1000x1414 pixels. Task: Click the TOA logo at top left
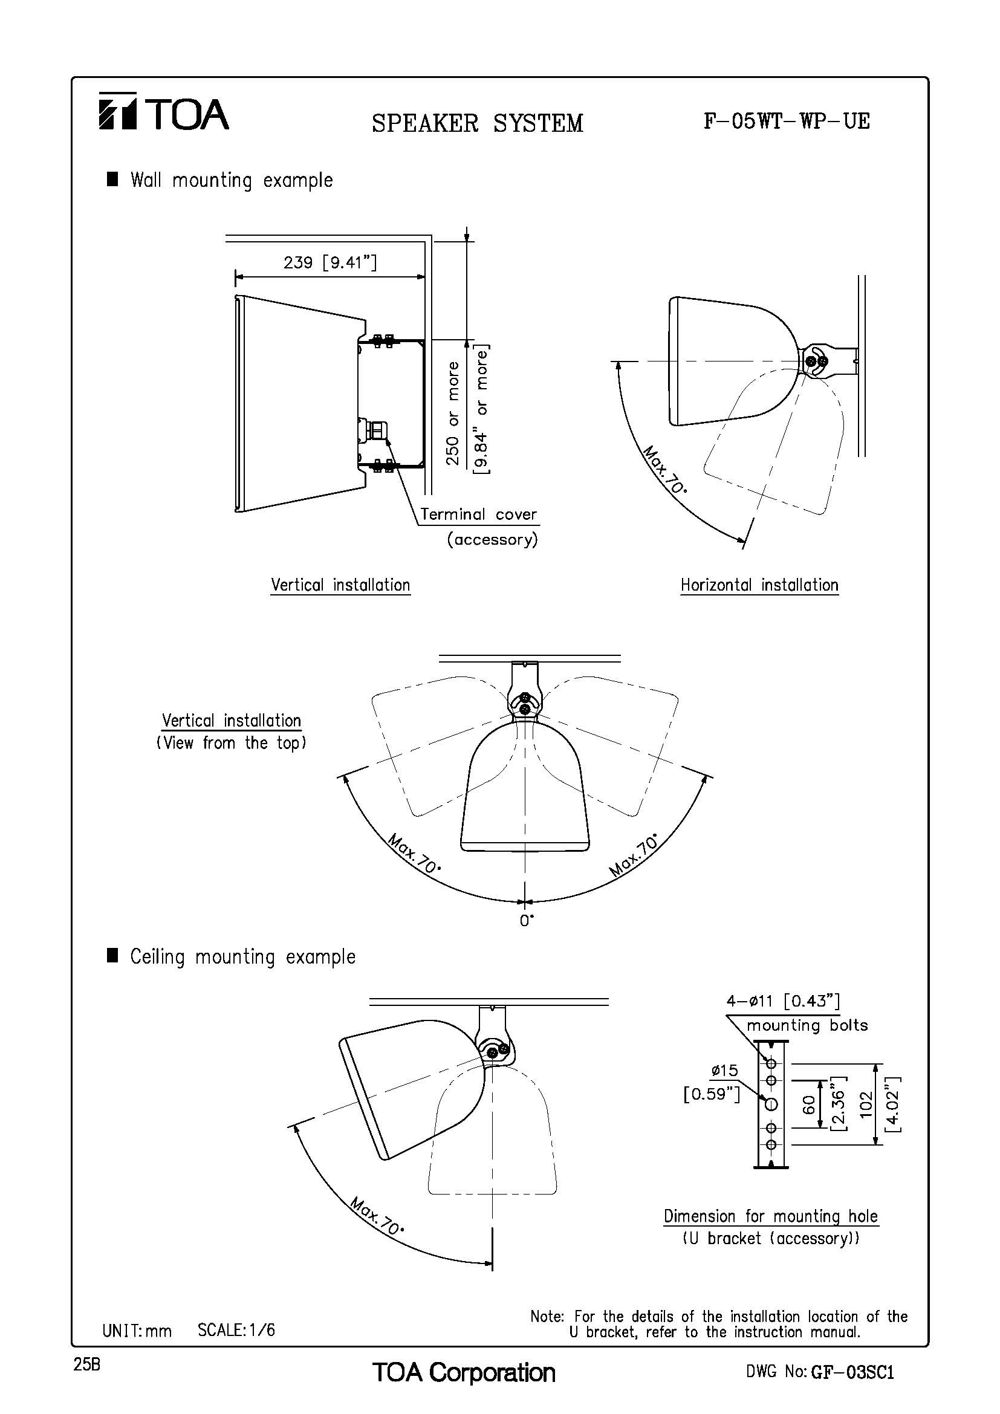tap(164, 112)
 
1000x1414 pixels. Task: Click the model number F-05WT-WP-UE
tap(787, 122)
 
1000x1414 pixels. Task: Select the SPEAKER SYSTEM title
tap(477, 123)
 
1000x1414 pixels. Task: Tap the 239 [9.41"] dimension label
tap(331, 263)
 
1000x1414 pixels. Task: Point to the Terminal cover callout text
tap(478, 514)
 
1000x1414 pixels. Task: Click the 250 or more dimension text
tap(453, 413)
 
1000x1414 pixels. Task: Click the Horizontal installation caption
tap(759, 585)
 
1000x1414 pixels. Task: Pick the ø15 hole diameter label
tap(724, 1071)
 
